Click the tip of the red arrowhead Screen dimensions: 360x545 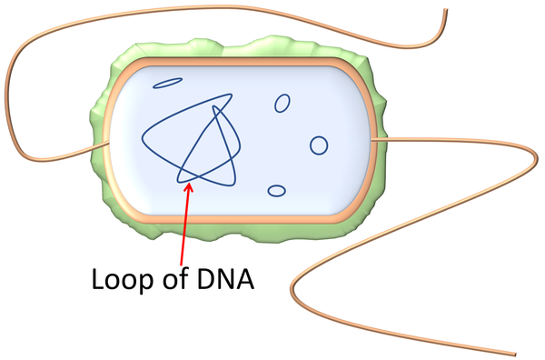tap(189, 184)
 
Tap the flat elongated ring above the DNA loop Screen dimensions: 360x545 tap(168, 84)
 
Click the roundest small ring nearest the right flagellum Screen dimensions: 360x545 tap(319, 145)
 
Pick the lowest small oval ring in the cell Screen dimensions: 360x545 tap(276, 191)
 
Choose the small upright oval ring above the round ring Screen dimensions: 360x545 tap(282, 104)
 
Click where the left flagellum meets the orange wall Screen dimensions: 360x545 tap(108, 143)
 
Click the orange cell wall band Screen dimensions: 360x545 tap(236, 62)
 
